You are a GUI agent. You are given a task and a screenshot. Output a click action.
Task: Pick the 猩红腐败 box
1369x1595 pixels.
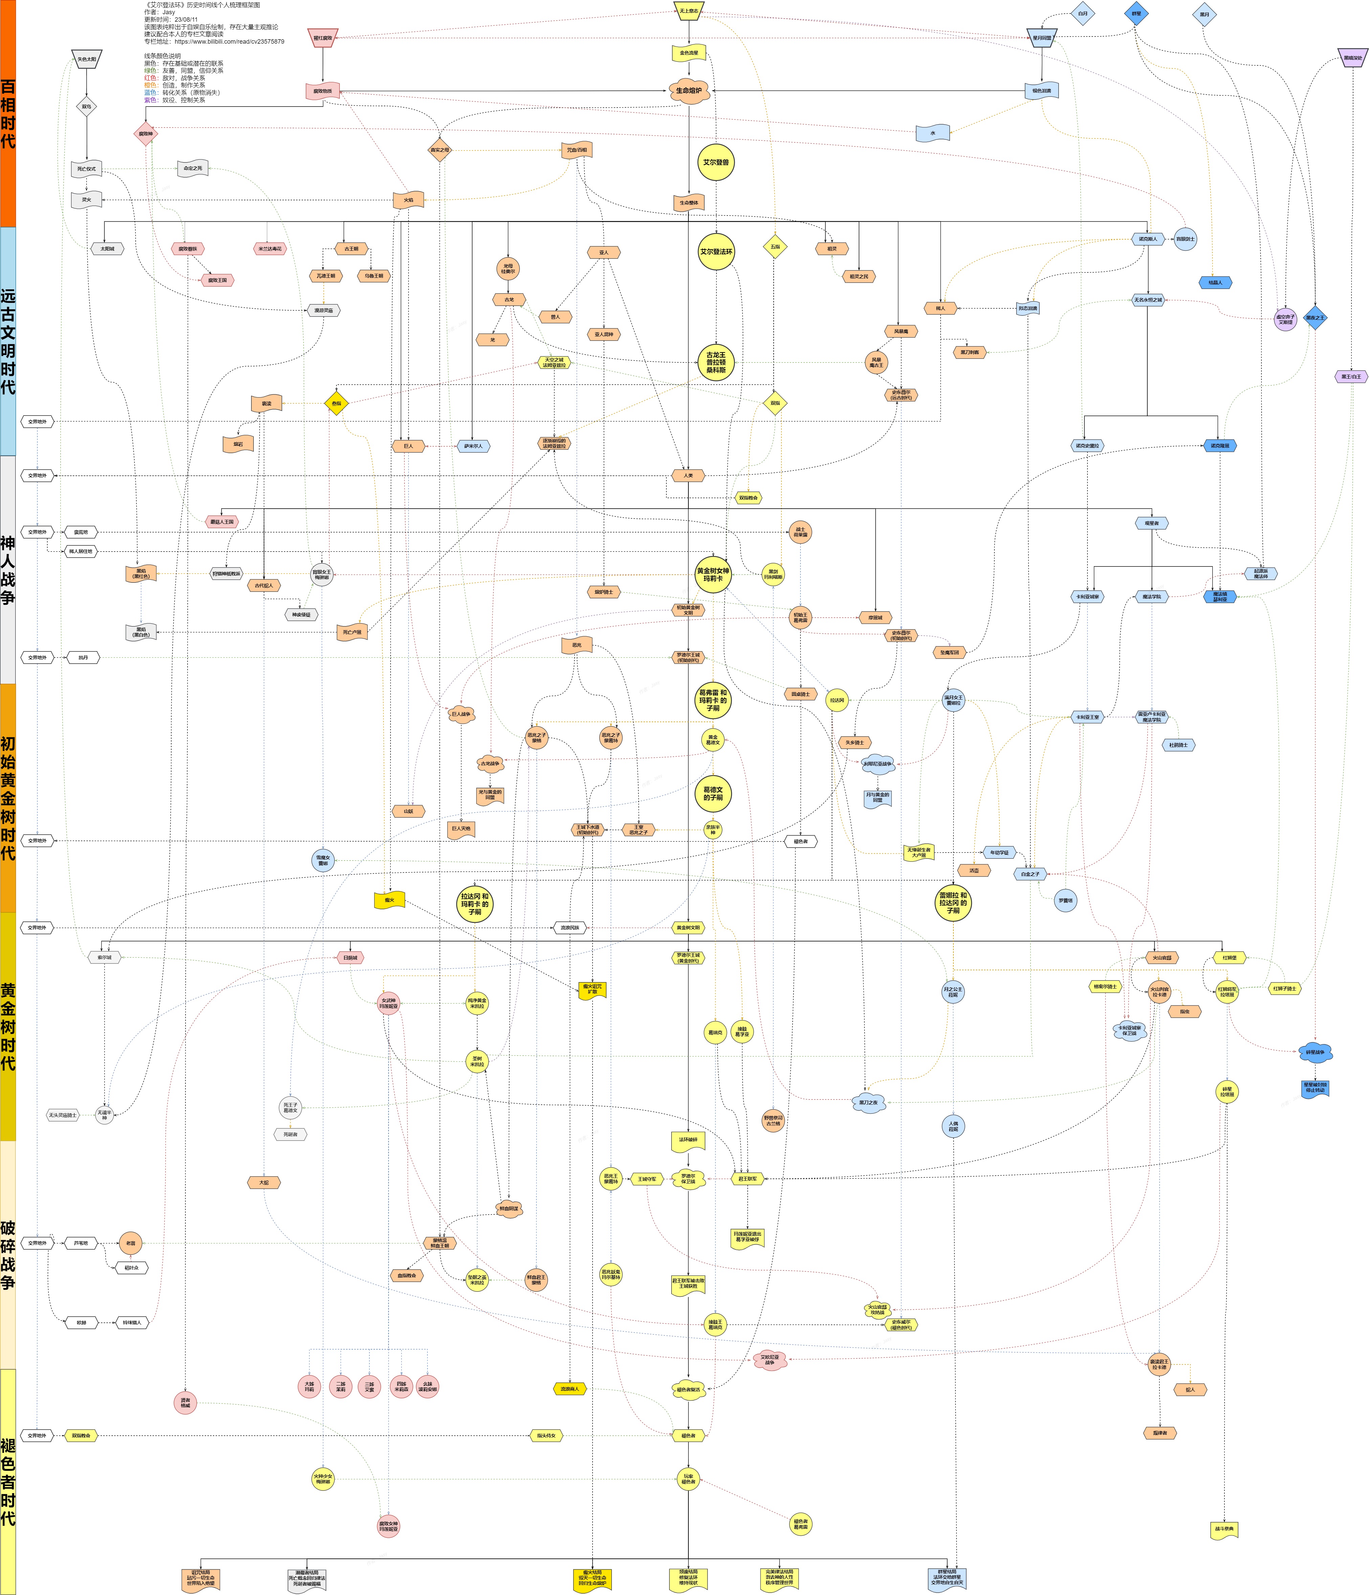(x=323, y=38)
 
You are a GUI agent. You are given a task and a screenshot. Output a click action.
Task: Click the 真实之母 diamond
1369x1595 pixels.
(x=440, y=150)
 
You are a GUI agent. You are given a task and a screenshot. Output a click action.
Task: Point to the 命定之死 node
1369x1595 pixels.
(x=193, y=169)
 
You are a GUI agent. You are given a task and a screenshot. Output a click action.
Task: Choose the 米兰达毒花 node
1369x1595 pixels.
(x=269, y=249)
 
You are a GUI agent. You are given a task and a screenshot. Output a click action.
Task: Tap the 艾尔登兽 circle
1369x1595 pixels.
(x=716, y=162)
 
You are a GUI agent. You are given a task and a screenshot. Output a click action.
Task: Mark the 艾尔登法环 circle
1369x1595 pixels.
(x=716, y=252)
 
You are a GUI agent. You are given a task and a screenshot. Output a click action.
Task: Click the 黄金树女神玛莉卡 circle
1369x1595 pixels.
(x=713, y=574)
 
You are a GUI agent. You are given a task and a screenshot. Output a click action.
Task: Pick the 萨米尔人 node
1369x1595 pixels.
(x=473, y=446)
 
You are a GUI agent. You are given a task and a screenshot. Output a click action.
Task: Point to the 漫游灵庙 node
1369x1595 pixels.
(x=324, y=310)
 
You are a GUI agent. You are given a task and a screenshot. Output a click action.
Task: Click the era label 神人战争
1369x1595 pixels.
(x=8, y=570)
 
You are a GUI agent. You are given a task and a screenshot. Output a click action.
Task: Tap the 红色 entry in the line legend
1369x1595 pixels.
(x=150, y=78)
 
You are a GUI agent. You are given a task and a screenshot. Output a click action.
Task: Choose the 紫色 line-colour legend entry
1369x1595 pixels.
(x=150, y=100)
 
